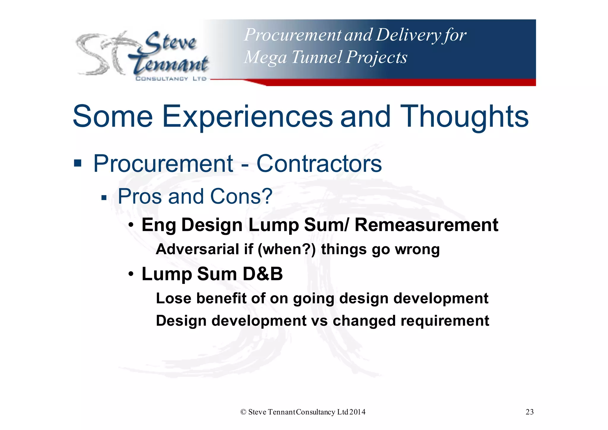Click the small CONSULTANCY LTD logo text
click(171, 79)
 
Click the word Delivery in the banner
click(408, 35)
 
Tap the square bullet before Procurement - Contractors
click(78, 163)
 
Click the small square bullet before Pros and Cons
click(104, 198)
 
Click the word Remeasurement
click(426, 225)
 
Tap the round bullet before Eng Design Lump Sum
click(131, 225)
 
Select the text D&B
click(262, 274)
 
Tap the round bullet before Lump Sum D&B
click(131, 274)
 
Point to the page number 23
click(529, 412)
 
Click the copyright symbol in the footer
click(243, 412)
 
